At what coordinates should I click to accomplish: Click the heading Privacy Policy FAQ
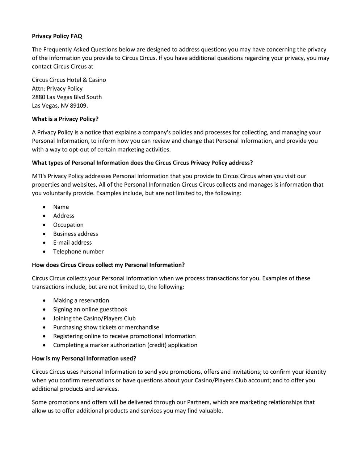tap(57, 36)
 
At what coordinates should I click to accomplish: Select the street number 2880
tap(38, 97)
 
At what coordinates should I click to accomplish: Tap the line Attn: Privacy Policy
tap(57, 88)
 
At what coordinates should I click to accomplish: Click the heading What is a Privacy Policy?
tap(65, 119)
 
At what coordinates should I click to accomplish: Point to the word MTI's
tap(39, 176)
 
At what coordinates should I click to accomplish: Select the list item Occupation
tap(68, 225)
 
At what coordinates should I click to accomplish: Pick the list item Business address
tap(75, 234)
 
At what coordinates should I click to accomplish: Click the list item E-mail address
tap(72, 242)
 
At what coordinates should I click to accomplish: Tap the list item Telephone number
tap(78, 252)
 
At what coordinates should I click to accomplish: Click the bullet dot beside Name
tap(44, 207)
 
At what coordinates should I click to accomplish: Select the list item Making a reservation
tap(81, 300)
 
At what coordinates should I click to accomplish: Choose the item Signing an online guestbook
tap(90, 310)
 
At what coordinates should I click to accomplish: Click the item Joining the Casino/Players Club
tap(94, 318)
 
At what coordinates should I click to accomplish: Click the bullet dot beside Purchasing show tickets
tap(44, 327)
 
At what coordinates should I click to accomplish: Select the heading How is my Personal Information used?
tap(84, 358)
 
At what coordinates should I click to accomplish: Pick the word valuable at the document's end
tap(211, 411)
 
